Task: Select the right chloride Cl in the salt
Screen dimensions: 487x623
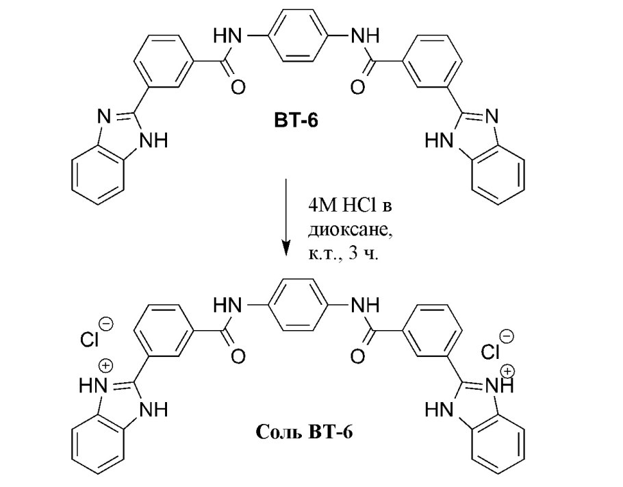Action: click(x=492, y=351)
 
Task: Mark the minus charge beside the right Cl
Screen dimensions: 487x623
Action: click(x=507, y=336)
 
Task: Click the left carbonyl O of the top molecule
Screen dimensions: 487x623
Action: click(x=239, y=86)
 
